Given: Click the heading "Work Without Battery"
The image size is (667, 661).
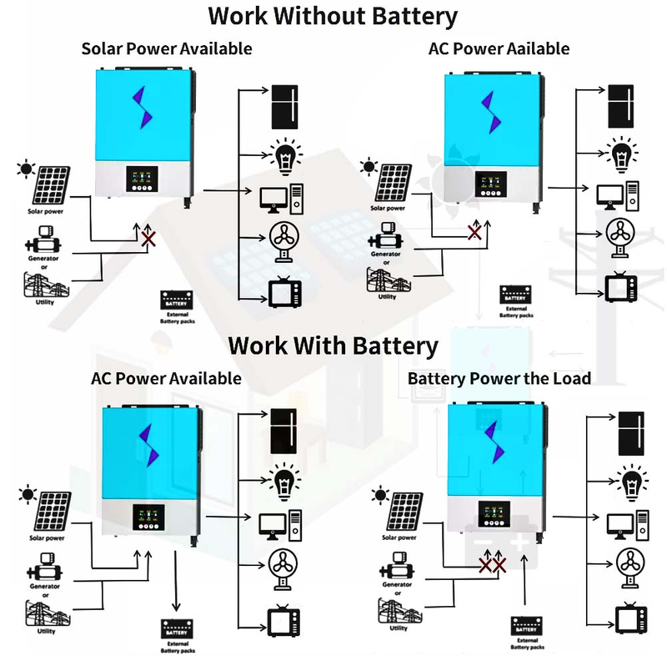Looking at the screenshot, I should pyautogui.click(x=333, y=16).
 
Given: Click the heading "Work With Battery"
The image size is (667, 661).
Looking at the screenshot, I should pyautogui.click(x=333, y=345).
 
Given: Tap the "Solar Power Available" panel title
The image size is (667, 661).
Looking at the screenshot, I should pyautogui.click(x=167, y=48).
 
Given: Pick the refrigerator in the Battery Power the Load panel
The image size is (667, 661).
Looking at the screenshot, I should pyautogui.click(x=629, y=433).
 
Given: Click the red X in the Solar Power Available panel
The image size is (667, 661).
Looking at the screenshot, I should pyautogui.click(x=148, y=240).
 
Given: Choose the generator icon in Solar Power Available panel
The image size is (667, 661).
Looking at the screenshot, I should pyautogui.click(x=41, y=245).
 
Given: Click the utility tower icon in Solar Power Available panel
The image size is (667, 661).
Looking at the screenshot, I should pyautogui.click(x=41, y=285).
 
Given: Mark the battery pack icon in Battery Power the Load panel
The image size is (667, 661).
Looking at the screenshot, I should pyautogui.click(x=526, y=627).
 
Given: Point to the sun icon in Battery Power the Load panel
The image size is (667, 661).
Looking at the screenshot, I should pyautogui.click(x=380, y=497).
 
